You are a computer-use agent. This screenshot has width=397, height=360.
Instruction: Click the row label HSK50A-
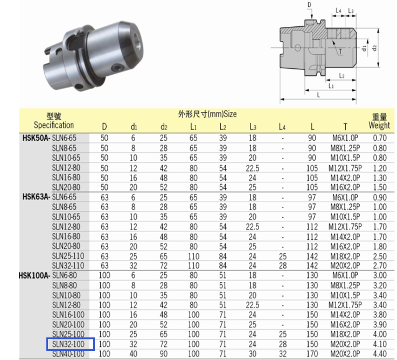(36, 138)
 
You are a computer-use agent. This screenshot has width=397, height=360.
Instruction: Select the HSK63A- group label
(36, 197)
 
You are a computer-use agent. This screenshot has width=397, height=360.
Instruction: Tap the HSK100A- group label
(34, 276)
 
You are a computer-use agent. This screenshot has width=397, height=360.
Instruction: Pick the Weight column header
(379, 125)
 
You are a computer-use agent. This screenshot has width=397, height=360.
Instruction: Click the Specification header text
(54, 125)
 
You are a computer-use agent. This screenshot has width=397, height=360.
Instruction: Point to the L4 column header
(282, 127)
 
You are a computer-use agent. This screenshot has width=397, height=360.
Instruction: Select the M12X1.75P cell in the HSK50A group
(345, 168)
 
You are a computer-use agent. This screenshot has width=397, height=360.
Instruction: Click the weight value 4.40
(380, 354)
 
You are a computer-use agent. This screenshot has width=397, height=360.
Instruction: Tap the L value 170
(312, 354)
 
